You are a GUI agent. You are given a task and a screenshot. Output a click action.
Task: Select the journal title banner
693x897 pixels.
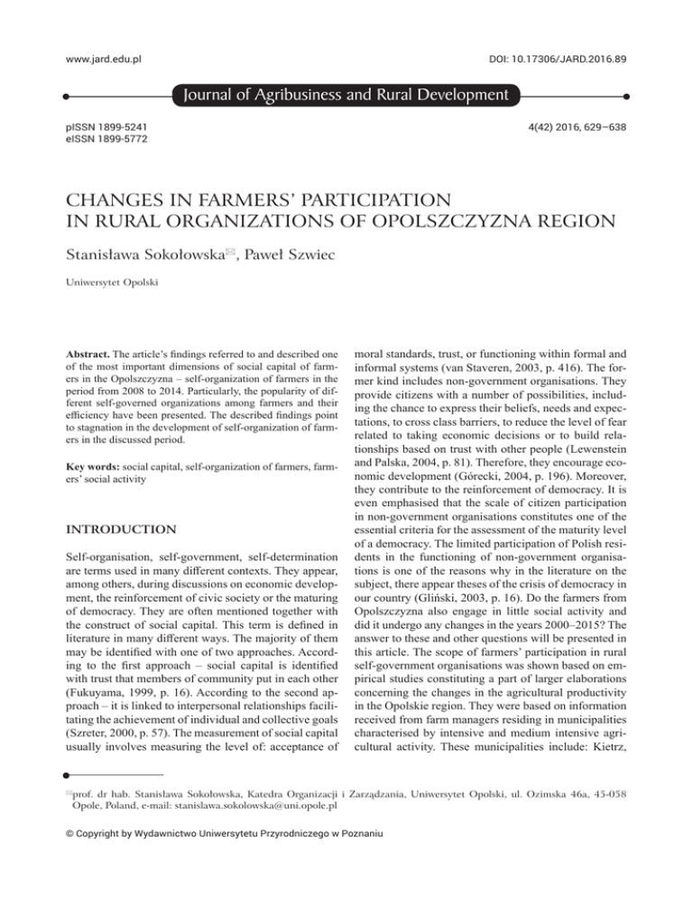pos(346,95)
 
